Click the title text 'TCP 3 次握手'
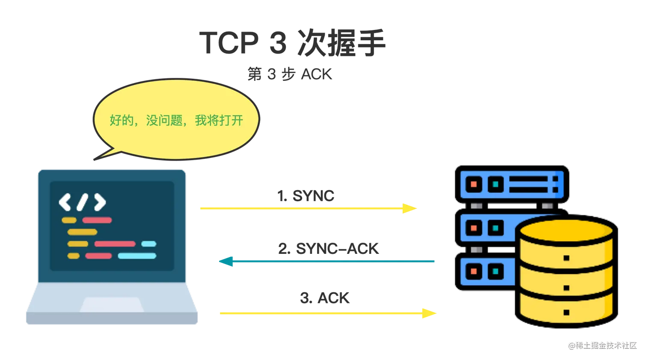[292, 43]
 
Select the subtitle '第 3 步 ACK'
[290, 74]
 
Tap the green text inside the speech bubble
[176, 120]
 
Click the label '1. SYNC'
[306, 196]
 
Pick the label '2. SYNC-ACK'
[328, 248]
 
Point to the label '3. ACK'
[325, 298]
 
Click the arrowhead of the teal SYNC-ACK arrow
[226, 261]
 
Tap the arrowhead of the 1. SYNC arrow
[410, 208]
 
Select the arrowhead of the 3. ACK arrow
[429, 313]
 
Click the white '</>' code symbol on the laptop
[82, 202]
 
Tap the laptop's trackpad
[112, 304]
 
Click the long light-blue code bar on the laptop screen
[137, 256]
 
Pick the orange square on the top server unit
[474, 184]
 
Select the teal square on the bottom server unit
[496, 271]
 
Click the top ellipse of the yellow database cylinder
[566, 230]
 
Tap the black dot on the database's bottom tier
[567, 312]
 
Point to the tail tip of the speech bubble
[94, 160]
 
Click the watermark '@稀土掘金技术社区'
[602, 345]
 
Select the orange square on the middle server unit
[474, 228]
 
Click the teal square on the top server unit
[496, 184]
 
